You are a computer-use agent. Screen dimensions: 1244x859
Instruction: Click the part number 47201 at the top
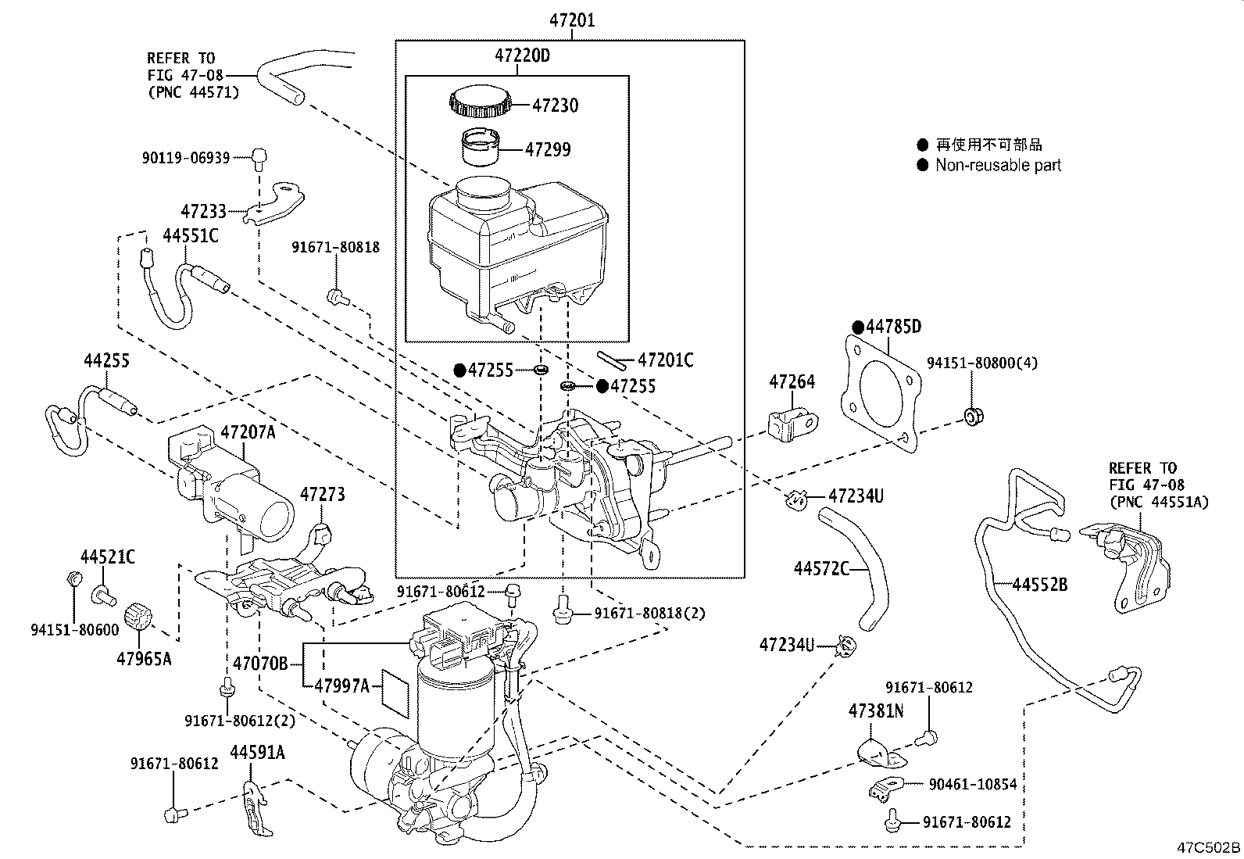click(x=572, y=20)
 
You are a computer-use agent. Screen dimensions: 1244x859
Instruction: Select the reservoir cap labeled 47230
click(x=480, y=101)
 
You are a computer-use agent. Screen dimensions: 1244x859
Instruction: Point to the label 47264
click(x=792, y=381)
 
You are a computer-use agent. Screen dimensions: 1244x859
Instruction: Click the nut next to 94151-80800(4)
click(x=972, y=416)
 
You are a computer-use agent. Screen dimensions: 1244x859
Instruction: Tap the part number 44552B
click(x=1039, y=585)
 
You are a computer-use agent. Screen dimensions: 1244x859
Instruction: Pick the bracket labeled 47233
click(x=275, y=202)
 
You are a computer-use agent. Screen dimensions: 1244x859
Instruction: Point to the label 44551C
click(x=191, y=236)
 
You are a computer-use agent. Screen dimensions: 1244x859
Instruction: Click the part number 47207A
click(x=248, y=431)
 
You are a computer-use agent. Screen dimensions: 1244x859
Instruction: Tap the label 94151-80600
click(x=75, y=629)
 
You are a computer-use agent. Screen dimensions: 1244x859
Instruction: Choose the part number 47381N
click(x=876, y=710)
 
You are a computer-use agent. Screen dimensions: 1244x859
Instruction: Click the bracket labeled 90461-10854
click(x=886, y=789)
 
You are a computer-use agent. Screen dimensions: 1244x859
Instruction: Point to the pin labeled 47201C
click(x=612, y=360)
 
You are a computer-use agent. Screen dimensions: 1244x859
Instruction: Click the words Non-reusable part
click(x=998, y=165)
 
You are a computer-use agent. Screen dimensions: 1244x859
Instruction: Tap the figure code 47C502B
click(x=1209, y=847)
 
